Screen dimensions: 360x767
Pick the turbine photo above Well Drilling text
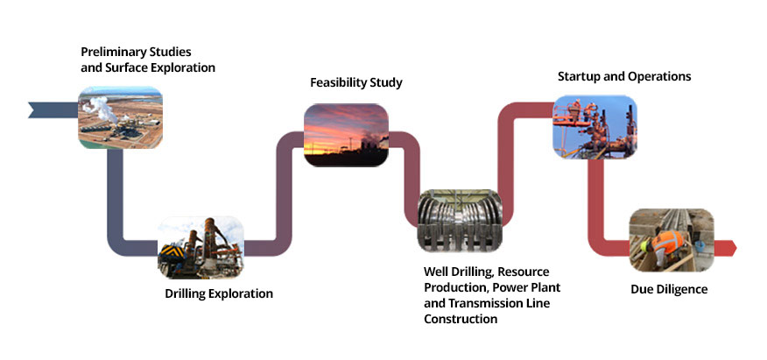460,222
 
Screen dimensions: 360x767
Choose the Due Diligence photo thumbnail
672,240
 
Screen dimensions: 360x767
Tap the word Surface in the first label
124,67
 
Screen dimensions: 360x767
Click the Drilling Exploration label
219,293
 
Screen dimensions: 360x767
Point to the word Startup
580,76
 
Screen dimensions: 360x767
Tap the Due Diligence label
669,288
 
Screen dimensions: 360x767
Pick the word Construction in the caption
461,319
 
